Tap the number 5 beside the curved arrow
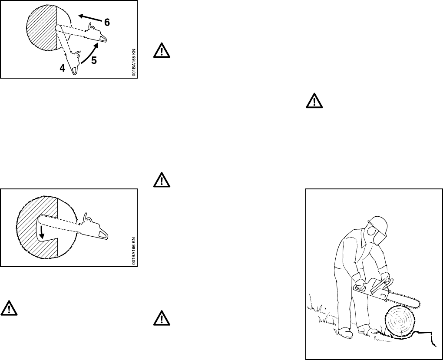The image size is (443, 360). tap(94, 61)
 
